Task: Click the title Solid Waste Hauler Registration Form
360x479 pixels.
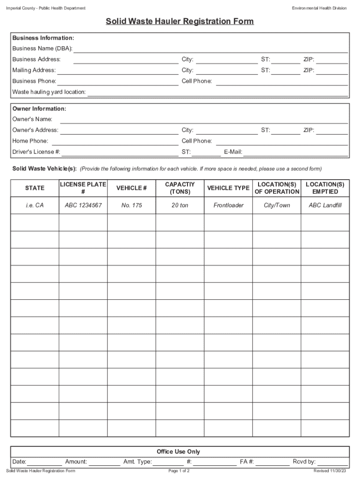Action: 180,22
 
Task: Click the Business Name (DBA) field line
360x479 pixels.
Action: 210,50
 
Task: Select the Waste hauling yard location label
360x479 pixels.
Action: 49,92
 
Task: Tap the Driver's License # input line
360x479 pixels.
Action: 120,152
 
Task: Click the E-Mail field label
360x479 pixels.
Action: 233,152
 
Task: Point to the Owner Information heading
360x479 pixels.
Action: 39,109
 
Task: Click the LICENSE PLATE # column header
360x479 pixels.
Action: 83,188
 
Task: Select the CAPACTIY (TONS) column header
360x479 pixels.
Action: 180,188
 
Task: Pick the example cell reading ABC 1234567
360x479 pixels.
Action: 83,205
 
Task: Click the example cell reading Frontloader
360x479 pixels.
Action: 229,205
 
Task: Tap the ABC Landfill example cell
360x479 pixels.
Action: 325,205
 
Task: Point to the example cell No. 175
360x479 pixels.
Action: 131,205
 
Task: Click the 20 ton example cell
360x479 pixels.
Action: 180,205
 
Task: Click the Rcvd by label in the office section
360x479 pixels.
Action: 304,462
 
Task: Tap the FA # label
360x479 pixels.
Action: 247,462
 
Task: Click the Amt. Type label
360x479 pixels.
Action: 137,462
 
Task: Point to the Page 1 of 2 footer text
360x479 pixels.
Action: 179,471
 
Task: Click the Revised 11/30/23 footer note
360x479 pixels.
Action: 330,471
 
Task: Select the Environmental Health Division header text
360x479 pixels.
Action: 319,8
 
